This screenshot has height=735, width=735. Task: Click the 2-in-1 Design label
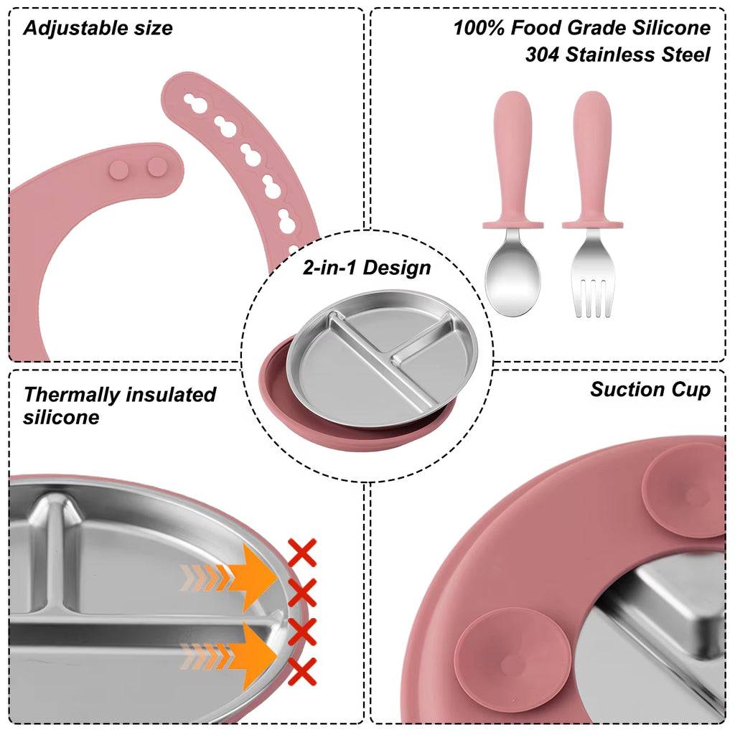coord(366,268)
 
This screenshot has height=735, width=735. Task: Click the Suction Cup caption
coord(650,390)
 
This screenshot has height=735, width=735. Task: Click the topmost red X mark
coord(302,553)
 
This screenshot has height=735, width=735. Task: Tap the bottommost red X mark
coord(303,672)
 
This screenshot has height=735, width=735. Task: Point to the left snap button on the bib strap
coord(119,169)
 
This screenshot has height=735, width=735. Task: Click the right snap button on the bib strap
coord(154,167)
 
